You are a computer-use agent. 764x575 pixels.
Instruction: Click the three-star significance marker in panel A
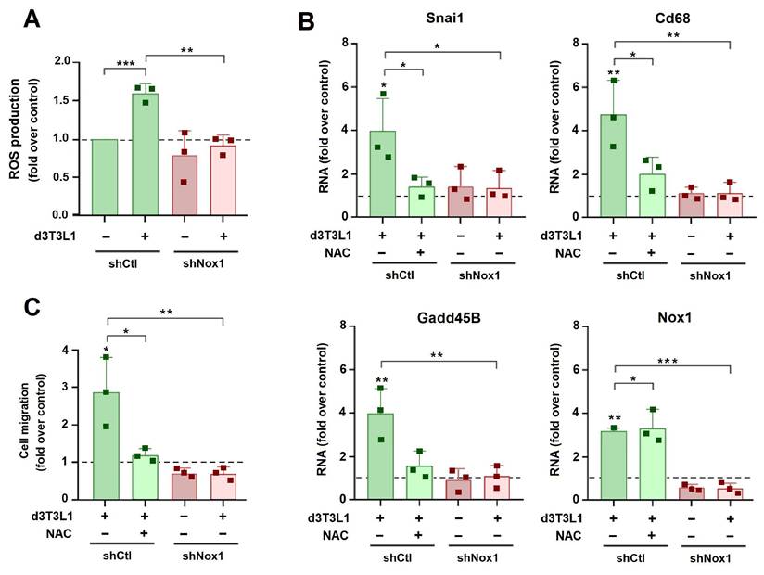124,64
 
